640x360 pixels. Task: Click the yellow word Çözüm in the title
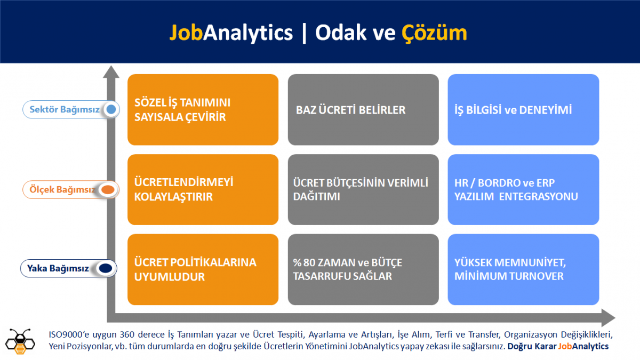click(x=434, y=33)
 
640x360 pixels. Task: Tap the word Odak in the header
click(x=341, y=33)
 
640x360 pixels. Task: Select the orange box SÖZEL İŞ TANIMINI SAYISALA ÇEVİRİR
click(x=203, y=110)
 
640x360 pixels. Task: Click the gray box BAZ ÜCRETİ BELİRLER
click(x=363, y=110)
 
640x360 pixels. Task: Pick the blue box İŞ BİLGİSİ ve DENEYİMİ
click(x=523, y=110)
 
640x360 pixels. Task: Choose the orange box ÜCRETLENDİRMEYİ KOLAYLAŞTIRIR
click(x=203, y=190)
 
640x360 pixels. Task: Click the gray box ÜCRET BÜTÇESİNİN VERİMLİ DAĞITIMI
click(x=363, y=190)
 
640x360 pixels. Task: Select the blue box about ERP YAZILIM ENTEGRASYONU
click(x=523, y=190)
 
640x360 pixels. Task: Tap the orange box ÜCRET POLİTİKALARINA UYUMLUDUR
click(x=203, y=269)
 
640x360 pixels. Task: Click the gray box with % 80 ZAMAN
click(x=363, y=269)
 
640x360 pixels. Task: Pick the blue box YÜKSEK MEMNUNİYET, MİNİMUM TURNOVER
click(x=523, y=269)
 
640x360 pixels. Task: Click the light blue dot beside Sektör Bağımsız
click(x=111, y=109)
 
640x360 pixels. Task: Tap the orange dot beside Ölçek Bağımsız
click(x=108, y=189)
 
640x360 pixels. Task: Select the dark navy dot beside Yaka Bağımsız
click(x=106, y=268)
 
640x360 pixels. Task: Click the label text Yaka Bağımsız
click(x=58, y=269)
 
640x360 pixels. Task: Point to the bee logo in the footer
click(x=20, y=341)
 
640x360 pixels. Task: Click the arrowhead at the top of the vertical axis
click(x=111, y=72)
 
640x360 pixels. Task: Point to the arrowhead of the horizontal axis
click(x=608, y=318)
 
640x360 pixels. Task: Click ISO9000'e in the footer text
click(x=69, y=334)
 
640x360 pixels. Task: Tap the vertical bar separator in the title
click(x=304, y=34)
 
